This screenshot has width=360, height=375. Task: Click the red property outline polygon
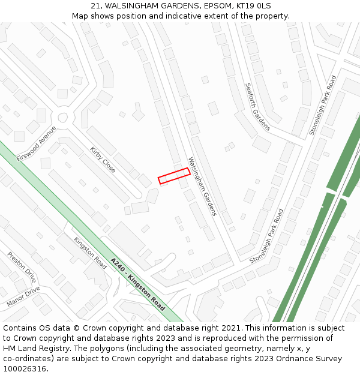(174, 175)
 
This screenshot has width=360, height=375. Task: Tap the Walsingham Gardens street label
(202, 186)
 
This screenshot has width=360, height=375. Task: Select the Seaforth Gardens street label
(258, 106)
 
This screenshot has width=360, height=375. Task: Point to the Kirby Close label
(103, 160)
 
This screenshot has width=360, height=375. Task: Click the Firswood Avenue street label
(36, 143)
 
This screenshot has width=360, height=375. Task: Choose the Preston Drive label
(22, 267)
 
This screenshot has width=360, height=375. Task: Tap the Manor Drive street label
(23, 296)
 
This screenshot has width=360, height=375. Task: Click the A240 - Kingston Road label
(138, 284)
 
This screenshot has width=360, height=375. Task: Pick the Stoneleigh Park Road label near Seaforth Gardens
(323, 105)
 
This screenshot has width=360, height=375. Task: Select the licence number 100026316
(23, 368)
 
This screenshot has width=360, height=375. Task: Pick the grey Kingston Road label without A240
(90, 253)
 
